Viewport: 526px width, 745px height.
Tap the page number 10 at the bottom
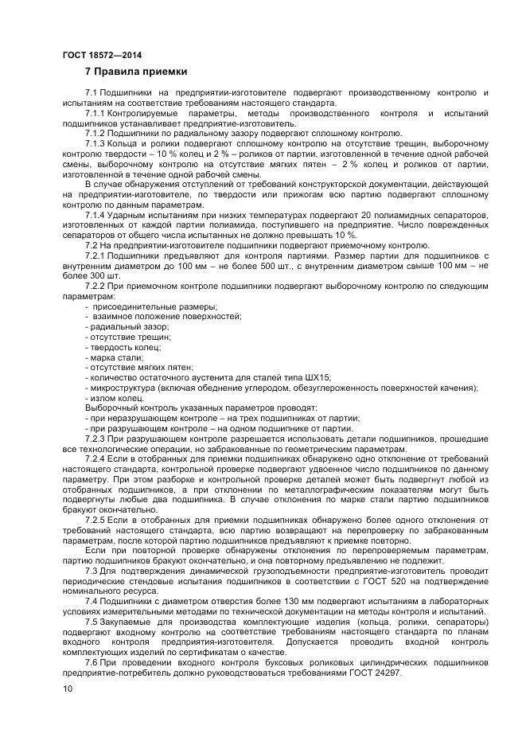67,689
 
